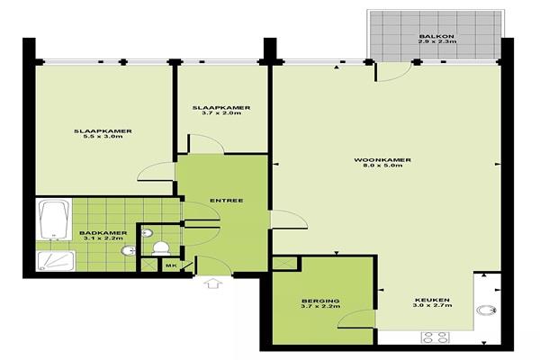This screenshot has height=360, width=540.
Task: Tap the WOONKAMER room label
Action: [x=382, y=160]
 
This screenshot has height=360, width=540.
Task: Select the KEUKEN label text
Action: [x=432, y=300]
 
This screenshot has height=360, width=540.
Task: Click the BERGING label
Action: [x=320, y=301]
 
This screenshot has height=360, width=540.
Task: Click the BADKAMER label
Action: [x=103, y=233]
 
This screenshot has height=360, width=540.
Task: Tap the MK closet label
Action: [x=171, y=265]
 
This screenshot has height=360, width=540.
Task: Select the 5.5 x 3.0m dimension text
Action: [x=103, y=137]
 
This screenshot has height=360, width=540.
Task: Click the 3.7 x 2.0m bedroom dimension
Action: [x=221, y=113]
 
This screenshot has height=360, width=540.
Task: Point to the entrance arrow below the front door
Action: [x=213, y=283]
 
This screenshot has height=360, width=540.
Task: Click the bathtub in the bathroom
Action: [x=53, y=219]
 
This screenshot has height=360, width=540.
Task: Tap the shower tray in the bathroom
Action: [x=56, y=261]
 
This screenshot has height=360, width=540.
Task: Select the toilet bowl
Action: [x=161, y=248]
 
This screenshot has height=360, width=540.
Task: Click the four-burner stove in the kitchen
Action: [x=435, y=337]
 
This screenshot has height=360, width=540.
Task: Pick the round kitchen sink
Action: [x=486, y=310]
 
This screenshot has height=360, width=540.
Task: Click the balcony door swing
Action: [x=393, y=72]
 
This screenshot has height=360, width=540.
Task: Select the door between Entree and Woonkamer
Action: [x=289, y=219]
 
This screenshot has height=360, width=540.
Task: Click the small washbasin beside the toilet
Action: [x=147, y=233]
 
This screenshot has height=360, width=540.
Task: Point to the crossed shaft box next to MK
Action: [x=149, y=265]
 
